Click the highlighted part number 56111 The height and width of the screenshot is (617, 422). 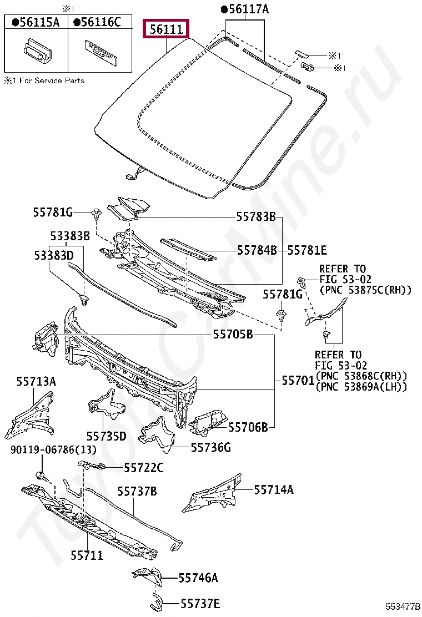tap(167, 29)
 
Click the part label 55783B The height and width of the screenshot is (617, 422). tap(255, 217)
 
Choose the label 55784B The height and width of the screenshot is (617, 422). tap(257, 250)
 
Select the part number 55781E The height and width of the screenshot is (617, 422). tap(307, 250)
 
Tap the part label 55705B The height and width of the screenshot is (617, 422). tap(233, 335)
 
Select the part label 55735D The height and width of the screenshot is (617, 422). tap(106, 436)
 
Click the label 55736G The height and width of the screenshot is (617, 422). tap(211, 447)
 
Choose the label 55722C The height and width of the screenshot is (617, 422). tap(144, 468)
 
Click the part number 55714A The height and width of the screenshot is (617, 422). tap(274, 489)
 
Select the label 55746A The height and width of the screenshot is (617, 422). tap(198, 578)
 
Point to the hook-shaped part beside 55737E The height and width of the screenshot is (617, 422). tap(157, 600)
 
